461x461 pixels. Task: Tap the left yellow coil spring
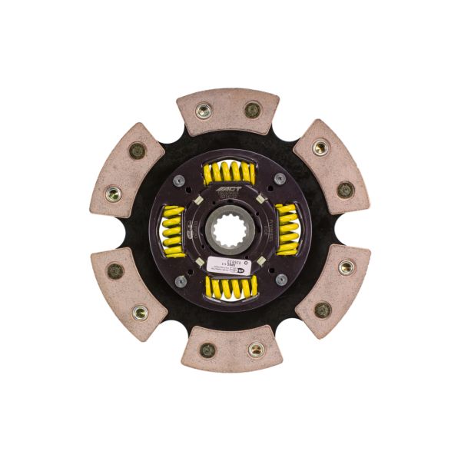(x=174, y=230)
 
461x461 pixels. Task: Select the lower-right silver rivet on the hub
(x=281, y=280)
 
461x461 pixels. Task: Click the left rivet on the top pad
(x=204, y=111)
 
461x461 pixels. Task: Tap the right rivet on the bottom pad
(x=257, y=350)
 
